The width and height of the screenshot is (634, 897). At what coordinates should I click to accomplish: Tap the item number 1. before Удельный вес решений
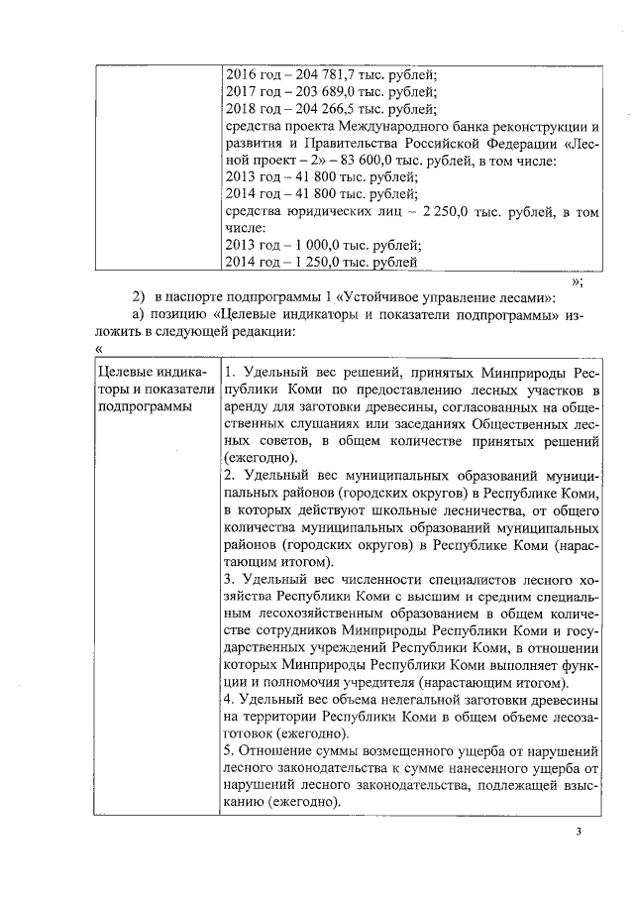pyautogui.click(x=229, y=372)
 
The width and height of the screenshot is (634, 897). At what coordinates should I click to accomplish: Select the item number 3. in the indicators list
pyautogui.click(x=229, y=578)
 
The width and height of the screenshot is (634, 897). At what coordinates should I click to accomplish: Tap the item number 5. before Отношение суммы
pyautogui.click(x=229, y=751)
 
